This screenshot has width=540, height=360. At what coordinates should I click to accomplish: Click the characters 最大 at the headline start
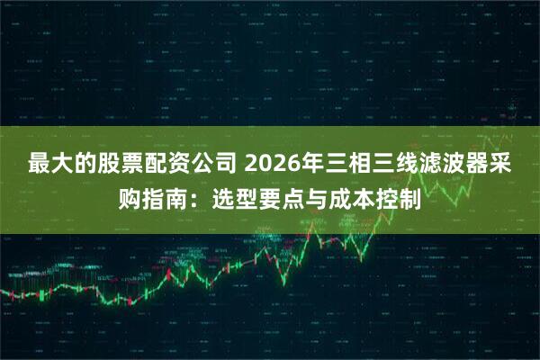pyautogui.click(x=49, y=166)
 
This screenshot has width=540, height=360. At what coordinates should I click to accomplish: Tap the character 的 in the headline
pyautogui.click(x=85, y=166)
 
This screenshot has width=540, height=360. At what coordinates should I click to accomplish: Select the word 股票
pyautogui.click(x=120, y=166)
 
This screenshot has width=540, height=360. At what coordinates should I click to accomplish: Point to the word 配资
pyautogui.click(x=167, y=166)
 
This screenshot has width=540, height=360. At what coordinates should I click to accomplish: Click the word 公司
pyautogui.click(x=215, y=166)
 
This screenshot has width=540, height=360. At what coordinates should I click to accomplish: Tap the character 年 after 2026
pyautogui.click(x=314, y=166)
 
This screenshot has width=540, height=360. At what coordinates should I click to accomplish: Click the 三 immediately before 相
pyautogui.click(x=337, y=166)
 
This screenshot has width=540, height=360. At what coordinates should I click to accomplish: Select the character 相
pyautogui.click(x=361, y=166)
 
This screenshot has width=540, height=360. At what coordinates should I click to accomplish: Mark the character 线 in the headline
pyautogui.click(x=408, y=166)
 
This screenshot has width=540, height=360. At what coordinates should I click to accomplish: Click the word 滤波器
pyautogui.click(x=454, y=166)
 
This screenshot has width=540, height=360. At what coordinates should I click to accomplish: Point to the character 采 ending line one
pyautogui.click(x=502, y=166)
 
